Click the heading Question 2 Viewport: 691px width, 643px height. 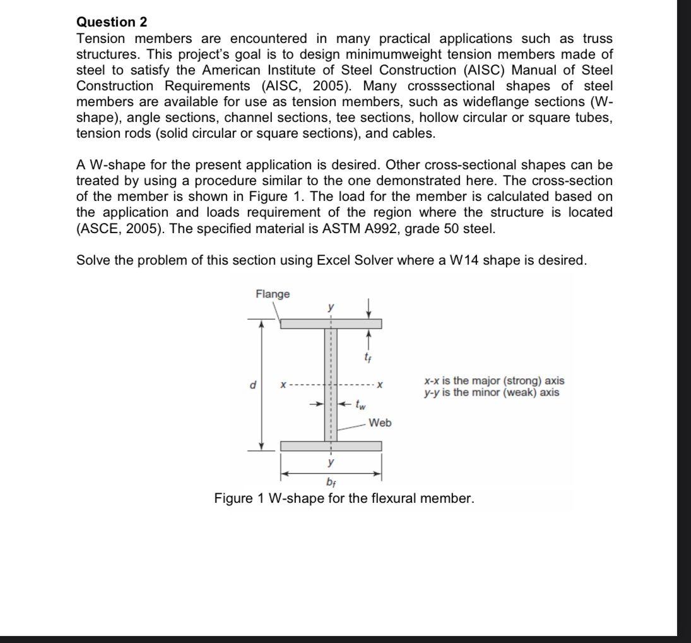tap(112, 22)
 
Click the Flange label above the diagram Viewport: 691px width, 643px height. tap(273, 294)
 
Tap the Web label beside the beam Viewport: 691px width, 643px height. tap(380, 423)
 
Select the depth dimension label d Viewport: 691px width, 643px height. tap(252, 383)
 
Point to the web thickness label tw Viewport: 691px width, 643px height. tap(360, 403)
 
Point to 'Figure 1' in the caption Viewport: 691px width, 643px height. tap(239, 499)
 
